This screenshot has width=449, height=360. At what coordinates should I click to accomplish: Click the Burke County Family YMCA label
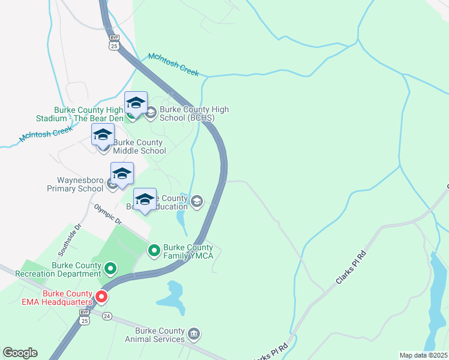click(x=188, y=251)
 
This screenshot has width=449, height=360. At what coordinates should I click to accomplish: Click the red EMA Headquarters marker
click(x=101, y=296)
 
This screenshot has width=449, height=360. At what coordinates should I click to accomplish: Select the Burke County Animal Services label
click(x=160, y=335)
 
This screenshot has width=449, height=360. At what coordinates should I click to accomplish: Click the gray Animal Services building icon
click(x=194, y=333)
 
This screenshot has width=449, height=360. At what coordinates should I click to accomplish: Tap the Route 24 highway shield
click(x=106, y=316)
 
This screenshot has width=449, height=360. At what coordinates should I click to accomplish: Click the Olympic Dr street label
click(x=107, y=214)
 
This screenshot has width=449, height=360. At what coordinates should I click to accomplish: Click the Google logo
click(x=20, y=353)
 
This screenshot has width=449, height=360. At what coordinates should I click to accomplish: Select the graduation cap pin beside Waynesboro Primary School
click(x=122, y=173)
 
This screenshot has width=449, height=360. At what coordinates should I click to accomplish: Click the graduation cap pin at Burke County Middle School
click(x=103, y=134)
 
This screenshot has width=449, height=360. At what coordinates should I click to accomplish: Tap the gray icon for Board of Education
click(x=197, y=203)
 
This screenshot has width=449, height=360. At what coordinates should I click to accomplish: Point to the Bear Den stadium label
click(x=88, y=114)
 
